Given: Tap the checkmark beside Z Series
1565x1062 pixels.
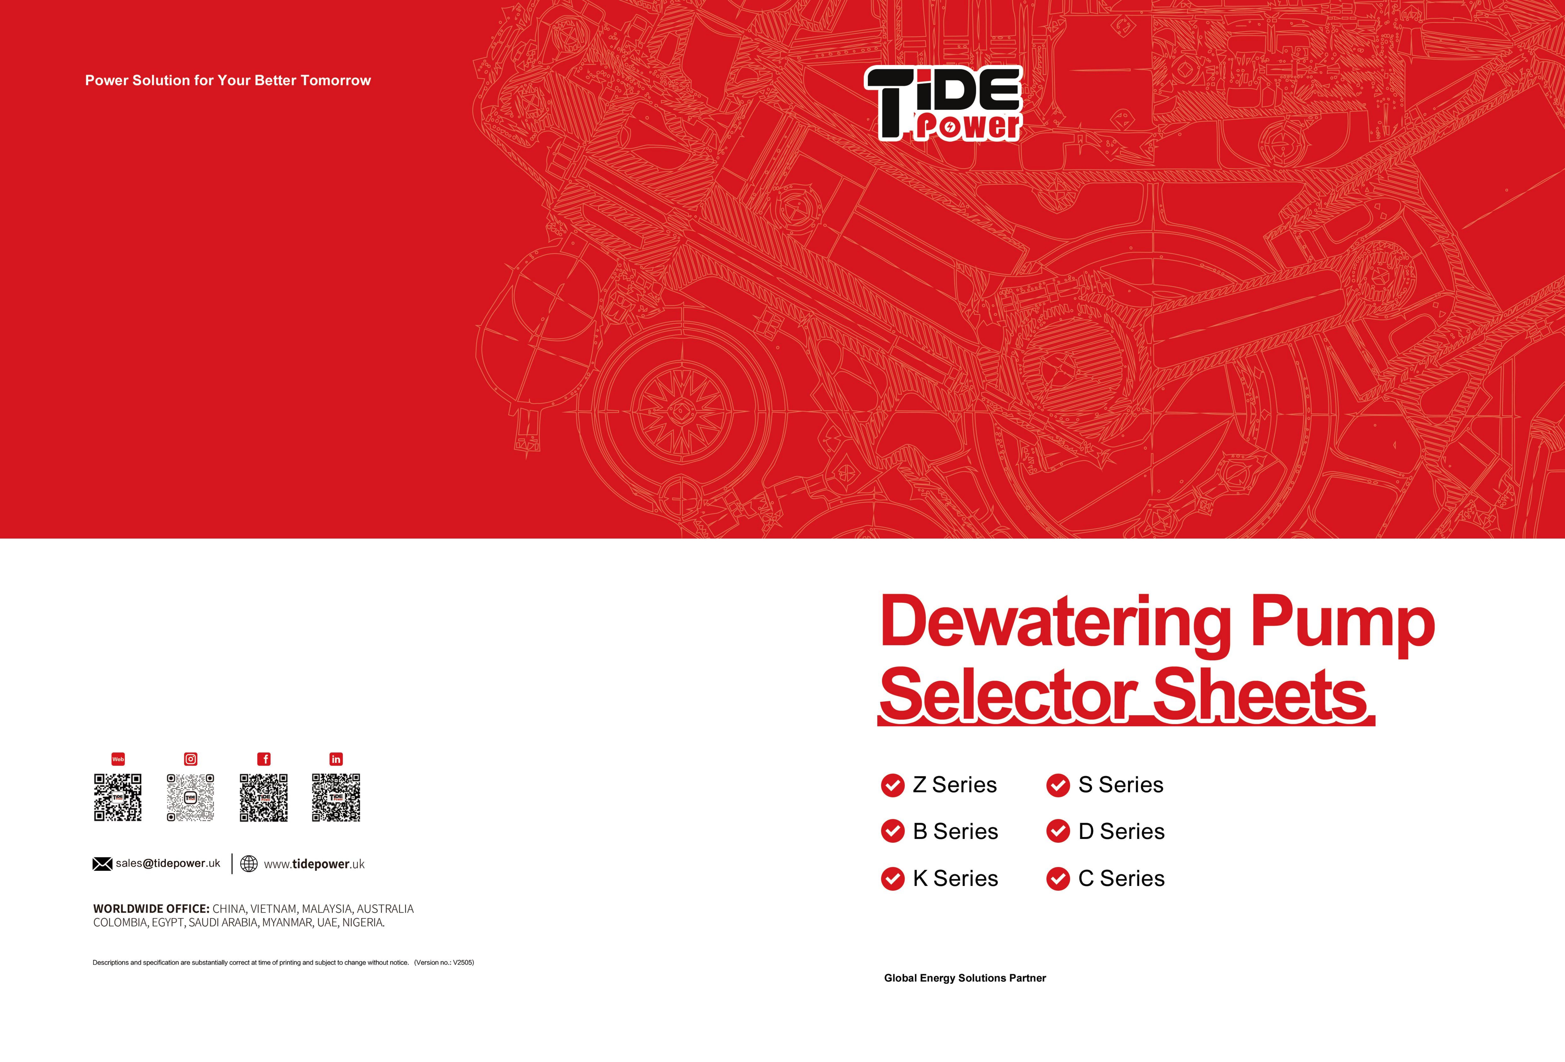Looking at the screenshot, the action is point(893,785).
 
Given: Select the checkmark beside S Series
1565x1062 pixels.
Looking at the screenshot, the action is point(1058,785).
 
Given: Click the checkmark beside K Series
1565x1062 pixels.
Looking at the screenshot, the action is point(893,879).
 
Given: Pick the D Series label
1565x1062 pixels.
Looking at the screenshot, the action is point(1121,832).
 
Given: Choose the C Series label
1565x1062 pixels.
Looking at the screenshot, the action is point(1121,879).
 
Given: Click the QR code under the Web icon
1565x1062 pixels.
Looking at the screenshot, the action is point(118,797).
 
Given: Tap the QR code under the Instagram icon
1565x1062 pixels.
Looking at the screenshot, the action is point(191,797).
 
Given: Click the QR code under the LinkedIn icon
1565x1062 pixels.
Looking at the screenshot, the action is point(336,797).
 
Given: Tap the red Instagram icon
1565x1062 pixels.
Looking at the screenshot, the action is point(191,759).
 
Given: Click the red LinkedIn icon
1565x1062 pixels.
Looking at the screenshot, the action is point(336,759).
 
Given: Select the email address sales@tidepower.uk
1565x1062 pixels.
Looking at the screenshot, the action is point(168,863).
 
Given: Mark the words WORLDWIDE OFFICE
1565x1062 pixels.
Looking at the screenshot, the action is point(152,909).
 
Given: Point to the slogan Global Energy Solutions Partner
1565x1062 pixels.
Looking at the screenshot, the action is point(965,978).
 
